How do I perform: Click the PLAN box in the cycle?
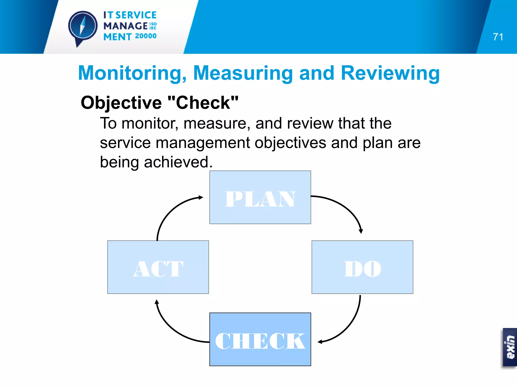[260, 197]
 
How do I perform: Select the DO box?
[362, 267]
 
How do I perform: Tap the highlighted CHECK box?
[260, 339]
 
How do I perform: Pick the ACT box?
[158, 267]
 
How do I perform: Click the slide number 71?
[498, 37]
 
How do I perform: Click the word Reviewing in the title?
[390, 73]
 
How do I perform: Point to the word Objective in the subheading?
[121, 103]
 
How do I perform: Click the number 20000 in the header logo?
[146, 36]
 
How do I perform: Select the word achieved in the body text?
[178, 162]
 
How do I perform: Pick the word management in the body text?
[203, 143]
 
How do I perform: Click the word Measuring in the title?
[243, 73]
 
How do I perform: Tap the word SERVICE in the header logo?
[136, 15]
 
